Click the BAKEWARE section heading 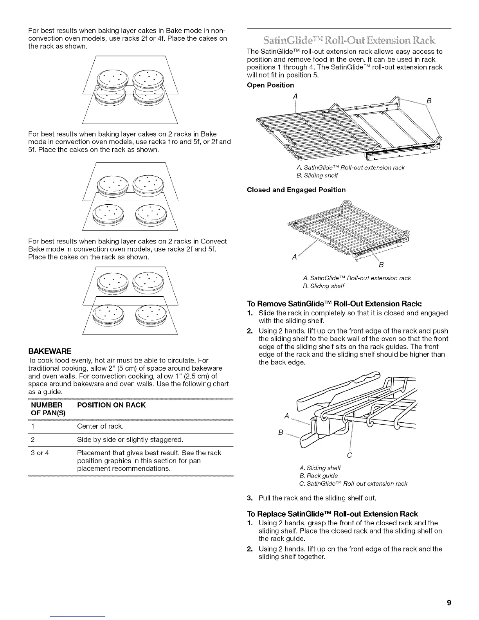[50, 351]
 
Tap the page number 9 [449, 602]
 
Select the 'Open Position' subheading [270, 85]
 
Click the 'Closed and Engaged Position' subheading [296, 190]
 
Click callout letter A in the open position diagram [295, 96]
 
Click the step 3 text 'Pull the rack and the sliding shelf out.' [317, 498]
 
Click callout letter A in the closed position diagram [294, 258]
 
